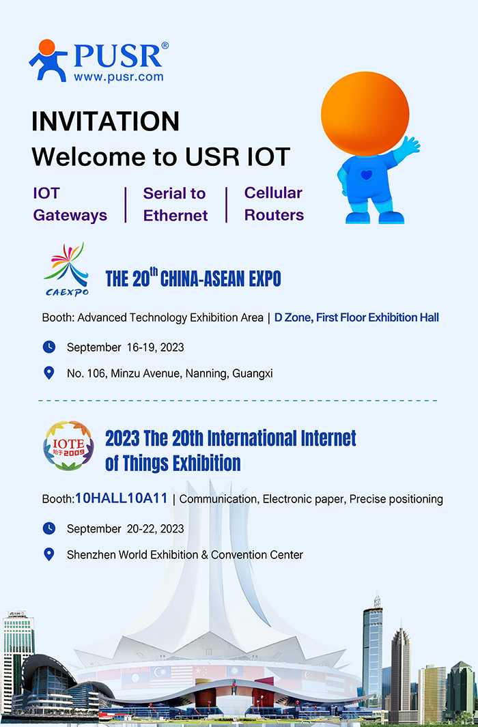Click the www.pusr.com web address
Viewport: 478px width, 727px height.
pos(118,76)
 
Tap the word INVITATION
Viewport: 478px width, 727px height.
pos(105,122)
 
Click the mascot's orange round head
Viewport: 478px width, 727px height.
pos(365,113)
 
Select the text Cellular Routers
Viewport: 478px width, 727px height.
pos(274,204)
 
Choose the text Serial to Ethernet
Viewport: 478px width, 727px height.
pos(175,205)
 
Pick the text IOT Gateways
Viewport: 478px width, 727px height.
pos(70,205)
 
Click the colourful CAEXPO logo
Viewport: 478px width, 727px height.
pos(67,269)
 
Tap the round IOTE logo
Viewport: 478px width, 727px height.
pos(68,446)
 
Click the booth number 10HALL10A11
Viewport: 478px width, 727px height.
pos(122,498)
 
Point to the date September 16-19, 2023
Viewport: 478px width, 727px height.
pos(125,347)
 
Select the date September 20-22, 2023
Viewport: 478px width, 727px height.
pos(125,528)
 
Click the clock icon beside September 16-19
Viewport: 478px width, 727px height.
pos(48,347)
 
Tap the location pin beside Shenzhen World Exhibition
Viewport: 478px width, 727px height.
pos(48,554)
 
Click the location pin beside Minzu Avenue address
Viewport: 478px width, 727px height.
pos(48,373)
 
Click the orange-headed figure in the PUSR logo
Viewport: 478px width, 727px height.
pos(47,60)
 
